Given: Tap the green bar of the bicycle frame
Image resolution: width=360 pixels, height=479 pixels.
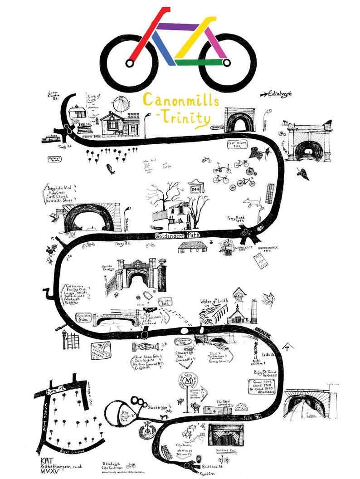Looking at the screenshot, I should click(202, 63).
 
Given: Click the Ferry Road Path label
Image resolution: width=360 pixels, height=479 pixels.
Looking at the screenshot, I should click(239, 220).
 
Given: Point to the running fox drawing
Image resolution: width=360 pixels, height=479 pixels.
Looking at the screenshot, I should click(252, 202).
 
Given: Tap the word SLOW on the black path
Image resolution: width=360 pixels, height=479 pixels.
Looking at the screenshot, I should click(248, 417).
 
